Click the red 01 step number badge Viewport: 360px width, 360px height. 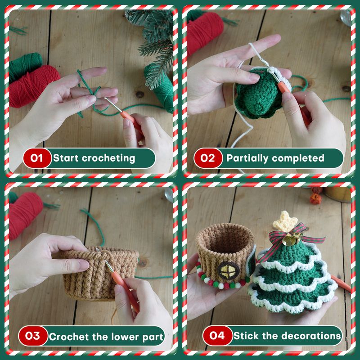(x=37, y=158)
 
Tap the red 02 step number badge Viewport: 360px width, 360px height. (x=208, y=158)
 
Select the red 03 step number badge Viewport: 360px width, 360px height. (x=33, y=336)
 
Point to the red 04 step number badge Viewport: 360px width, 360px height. (x=217, y=336)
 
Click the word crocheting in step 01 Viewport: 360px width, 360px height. (x=108, y=158)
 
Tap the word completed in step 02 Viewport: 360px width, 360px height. (x=298, y=158)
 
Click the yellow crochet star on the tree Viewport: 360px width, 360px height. (x=285, y=221)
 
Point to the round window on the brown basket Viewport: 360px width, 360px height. (x=229, y=270)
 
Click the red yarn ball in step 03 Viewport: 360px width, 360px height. (x=25, y=216)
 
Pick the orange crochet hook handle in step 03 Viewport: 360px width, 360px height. (x=125, y=291)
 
